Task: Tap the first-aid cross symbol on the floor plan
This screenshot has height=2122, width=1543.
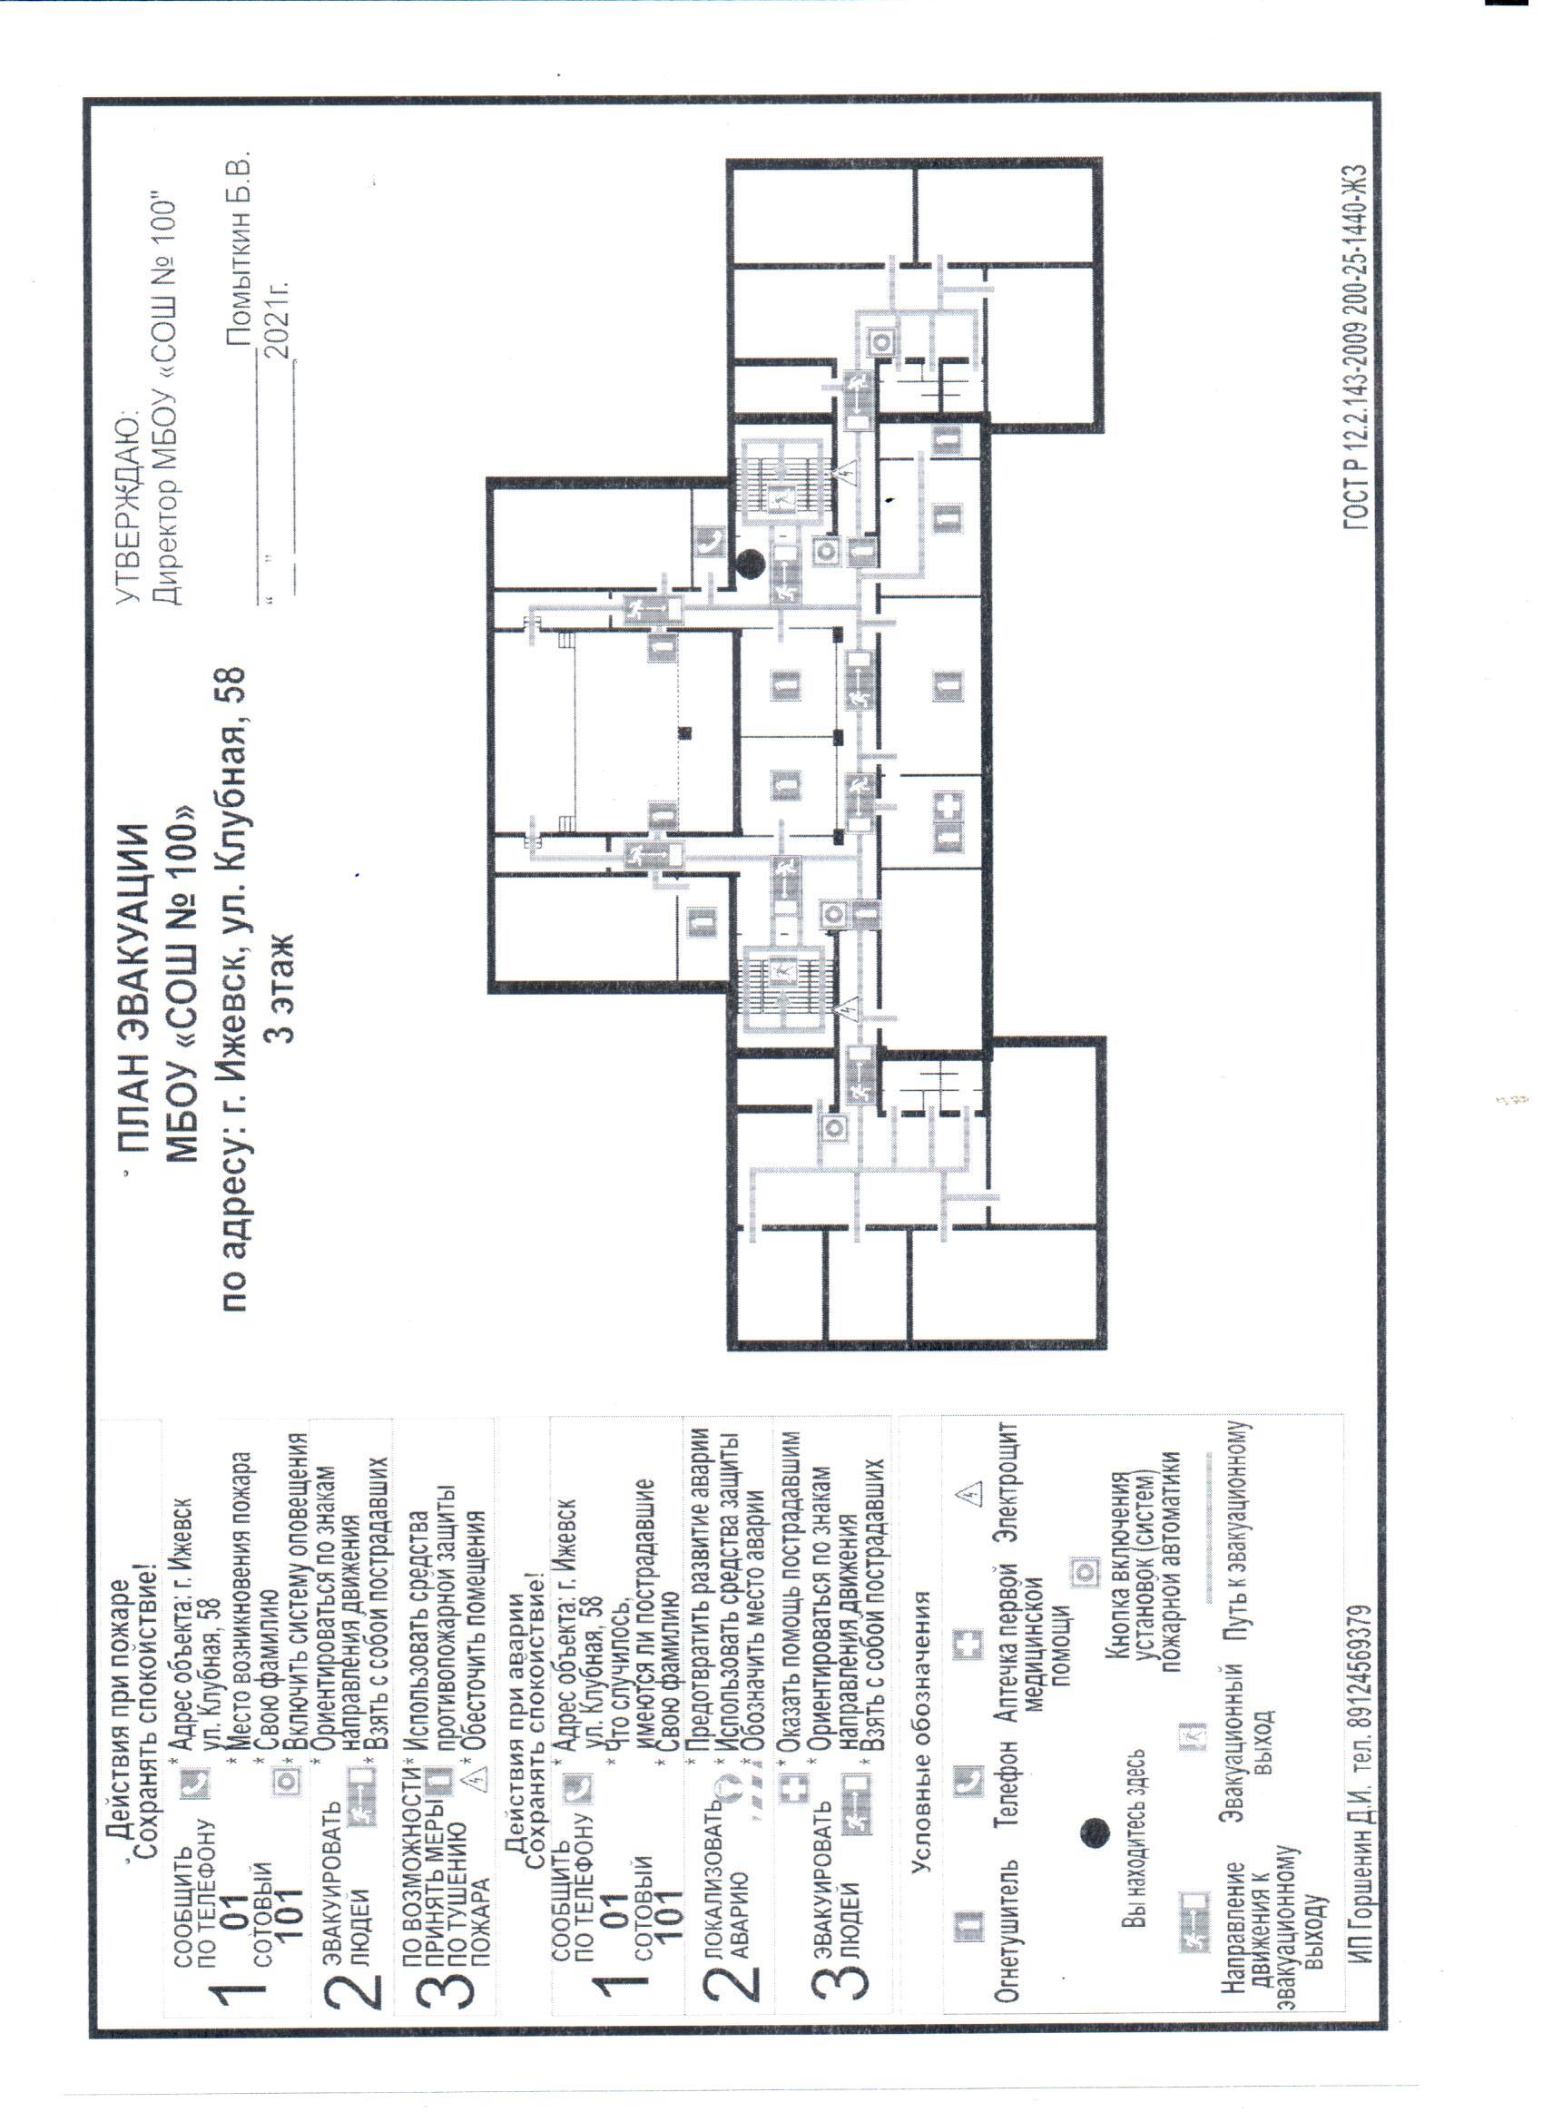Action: point(949,807)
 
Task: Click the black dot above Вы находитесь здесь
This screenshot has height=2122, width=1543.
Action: point(1096,1832)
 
